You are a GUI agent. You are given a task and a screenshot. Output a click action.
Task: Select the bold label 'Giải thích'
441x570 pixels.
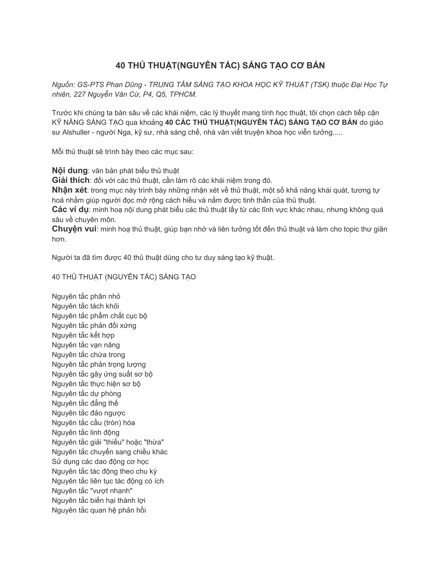(71, 180)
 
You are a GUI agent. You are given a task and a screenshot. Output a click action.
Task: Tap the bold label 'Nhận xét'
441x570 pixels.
(69, 190)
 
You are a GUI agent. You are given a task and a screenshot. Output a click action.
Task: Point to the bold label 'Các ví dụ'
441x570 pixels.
(70, 210)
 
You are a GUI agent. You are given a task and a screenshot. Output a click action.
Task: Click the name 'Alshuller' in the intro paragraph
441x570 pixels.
(77, 132)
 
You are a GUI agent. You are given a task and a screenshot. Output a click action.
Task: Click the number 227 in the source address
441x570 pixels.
(79, 94)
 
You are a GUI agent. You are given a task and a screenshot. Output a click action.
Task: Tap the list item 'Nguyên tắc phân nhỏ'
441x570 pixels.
(86, 296)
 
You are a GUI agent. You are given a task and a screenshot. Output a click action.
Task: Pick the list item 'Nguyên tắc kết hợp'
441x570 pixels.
(83, 335)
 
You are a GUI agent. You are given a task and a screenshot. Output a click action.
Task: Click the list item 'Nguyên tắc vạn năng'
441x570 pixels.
(86, 345)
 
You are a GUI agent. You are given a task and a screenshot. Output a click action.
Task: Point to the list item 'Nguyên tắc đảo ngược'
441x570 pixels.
(89, 413)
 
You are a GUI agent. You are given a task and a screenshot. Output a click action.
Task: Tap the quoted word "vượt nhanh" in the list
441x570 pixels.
(111, 491)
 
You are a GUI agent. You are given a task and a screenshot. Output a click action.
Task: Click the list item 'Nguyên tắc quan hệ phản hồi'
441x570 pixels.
(99, 510)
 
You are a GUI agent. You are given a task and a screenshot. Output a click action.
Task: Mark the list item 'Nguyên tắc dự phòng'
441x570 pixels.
(86, 394)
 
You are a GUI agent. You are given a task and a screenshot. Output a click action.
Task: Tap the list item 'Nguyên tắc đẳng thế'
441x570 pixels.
(85, 403)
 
